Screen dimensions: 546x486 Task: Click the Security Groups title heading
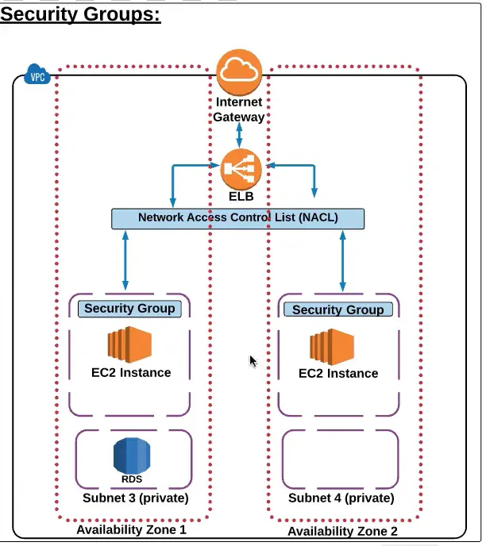[x=80, y=15]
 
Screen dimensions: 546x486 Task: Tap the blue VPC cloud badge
[x=37, y=76]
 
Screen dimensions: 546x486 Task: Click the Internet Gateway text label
[x=238, y=110]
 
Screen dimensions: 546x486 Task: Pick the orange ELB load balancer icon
[x=241, y=168]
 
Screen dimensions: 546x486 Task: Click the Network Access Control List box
[x=237, y=218]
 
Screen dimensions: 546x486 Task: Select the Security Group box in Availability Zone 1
[x=129, y=309]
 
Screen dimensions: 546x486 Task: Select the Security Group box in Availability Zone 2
[x=337, y=310]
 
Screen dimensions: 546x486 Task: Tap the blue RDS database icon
[x=131, y=456]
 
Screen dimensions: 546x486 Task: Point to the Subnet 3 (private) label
[x=135, y=498]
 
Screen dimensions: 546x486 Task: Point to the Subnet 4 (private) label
[x=341, y=498]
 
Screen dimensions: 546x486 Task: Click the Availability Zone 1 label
[x=131, y=529]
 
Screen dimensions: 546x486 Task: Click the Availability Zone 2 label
[x=342, y=531]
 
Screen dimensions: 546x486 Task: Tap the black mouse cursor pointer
[x=253, y=362]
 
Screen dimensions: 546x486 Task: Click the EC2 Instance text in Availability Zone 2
[x=338, y=373]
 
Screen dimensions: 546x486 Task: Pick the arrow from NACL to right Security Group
[x=342, y=261]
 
